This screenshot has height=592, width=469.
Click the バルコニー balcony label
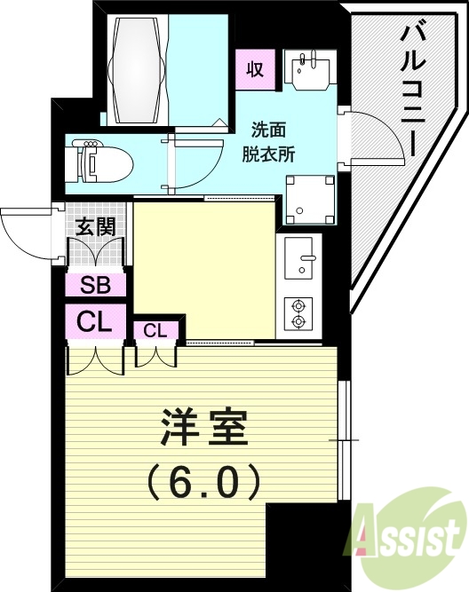click(x=412, y=88)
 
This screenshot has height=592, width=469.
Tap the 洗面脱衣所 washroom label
click(x=269, y=139)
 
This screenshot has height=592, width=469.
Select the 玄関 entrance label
click(x=95, y=227)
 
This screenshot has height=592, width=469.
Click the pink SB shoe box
click(x=95, y=286)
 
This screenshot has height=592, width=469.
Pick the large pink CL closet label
click(x=95, y=322)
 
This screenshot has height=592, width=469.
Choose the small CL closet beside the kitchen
click(x=155, y=331)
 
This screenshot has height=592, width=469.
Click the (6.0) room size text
click(x=203, y=482)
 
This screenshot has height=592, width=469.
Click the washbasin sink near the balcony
click(x=310, y=67)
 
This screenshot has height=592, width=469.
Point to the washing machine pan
click(x=309, y=199)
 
